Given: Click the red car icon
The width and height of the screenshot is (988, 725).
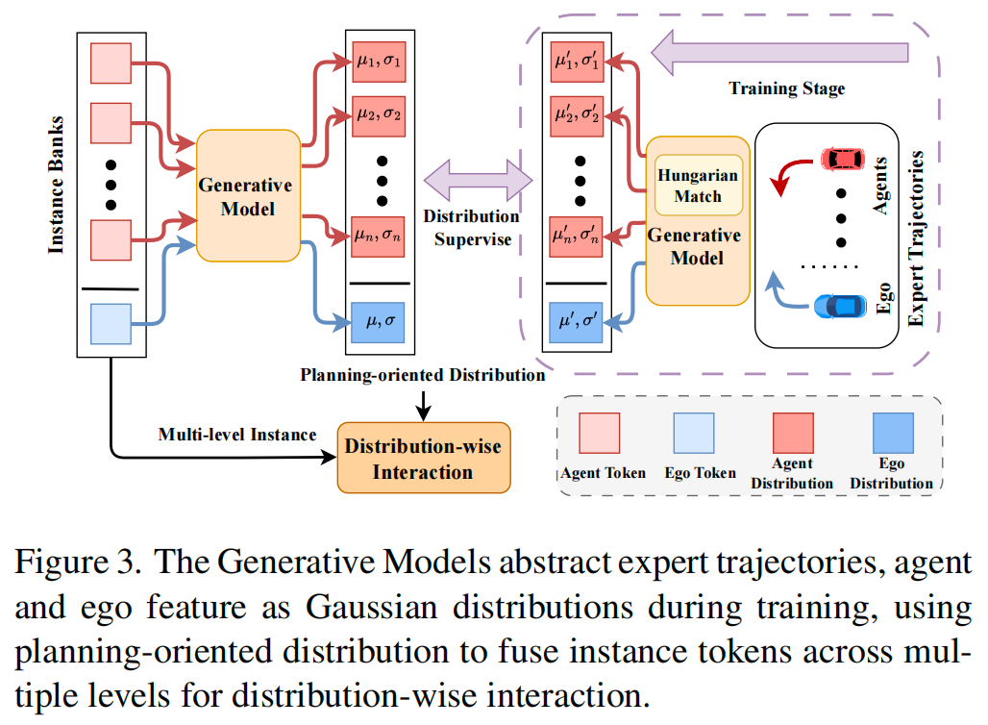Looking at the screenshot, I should (842, 157).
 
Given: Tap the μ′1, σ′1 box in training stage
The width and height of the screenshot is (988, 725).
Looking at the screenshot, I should (577, 60).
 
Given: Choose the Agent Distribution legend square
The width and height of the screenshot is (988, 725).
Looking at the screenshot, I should (790, 432).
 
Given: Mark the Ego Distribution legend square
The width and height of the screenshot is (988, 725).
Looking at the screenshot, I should (891, 432).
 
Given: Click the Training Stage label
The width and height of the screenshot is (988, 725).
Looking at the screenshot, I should (786, 88).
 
